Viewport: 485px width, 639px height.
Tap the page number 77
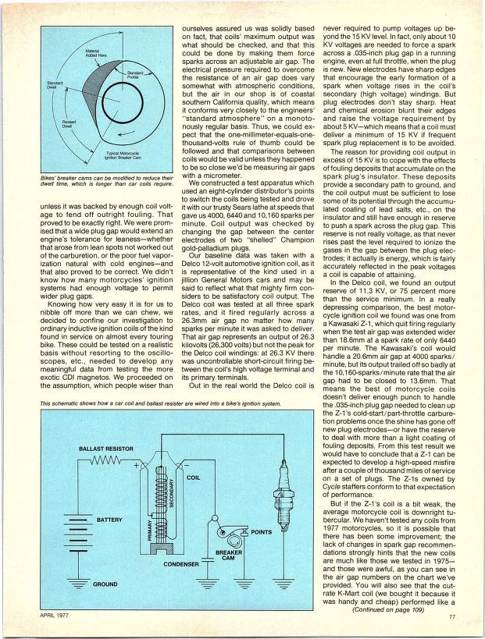pyautogui.click(x=452, y=616)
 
